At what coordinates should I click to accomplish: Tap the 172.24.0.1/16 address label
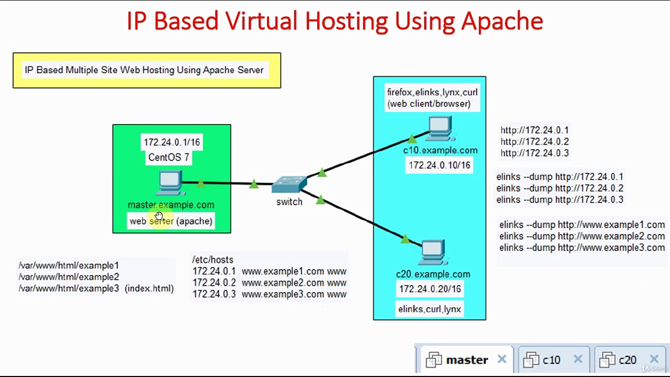pos(172,142)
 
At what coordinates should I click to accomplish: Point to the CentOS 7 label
pos(169,157)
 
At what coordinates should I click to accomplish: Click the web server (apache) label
pos(171,221)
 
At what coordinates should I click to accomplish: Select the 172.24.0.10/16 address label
pos(439,165)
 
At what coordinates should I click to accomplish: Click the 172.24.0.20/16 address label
pos(430,289)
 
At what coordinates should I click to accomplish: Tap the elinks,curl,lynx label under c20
pos(429,309)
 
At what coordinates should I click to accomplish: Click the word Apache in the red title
pos(502,21)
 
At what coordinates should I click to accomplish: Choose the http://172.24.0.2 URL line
pos(534,142)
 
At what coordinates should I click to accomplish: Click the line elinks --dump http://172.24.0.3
pos(560,200)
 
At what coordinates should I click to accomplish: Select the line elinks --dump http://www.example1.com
pos(582,225)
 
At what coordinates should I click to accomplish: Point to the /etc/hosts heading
pos(213,260)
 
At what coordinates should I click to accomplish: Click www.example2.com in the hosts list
pos(283,283)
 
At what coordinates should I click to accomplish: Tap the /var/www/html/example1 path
pos(69,265)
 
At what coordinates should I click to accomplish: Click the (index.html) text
pos(149,289)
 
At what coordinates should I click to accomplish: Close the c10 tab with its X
pos(578,359)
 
